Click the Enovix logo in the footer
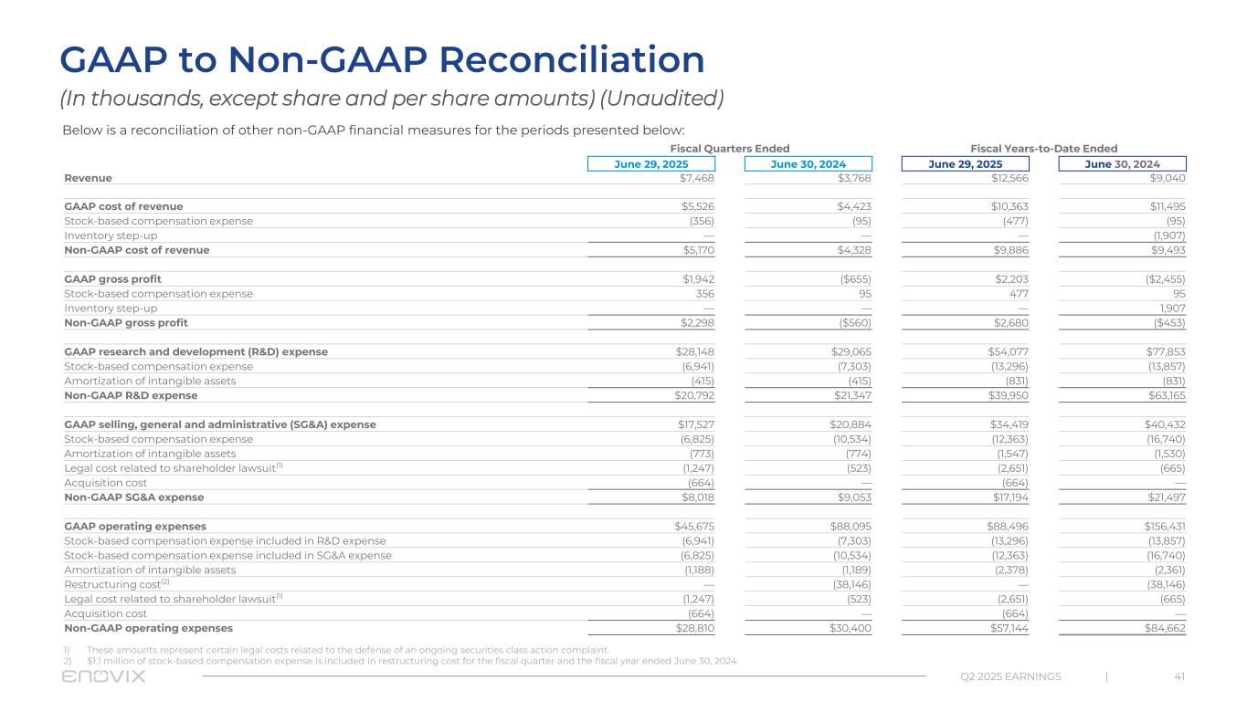pyautogui.click(x=103, y=676)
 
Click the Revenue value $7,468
pyautogui.click(x=695, y=178)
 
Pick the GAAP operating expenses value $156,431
pyautogui.click(x=1160, y=526)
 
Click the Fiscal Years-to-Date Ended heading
pyautogui.click(x=1043, y=149)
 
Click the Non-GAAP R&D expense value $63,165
pyautogui.click(x=1164, y=395)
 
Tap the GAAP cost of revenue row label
pyautogui.click(x=123, y=206)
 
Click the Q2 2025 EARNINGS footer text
pyautogui.click(x=1010, y=676)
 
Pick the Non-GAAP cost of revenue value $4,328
pyautogui.click(x=852, y=250)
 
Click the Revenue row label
pyautogui.click(x=88, y=178)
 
